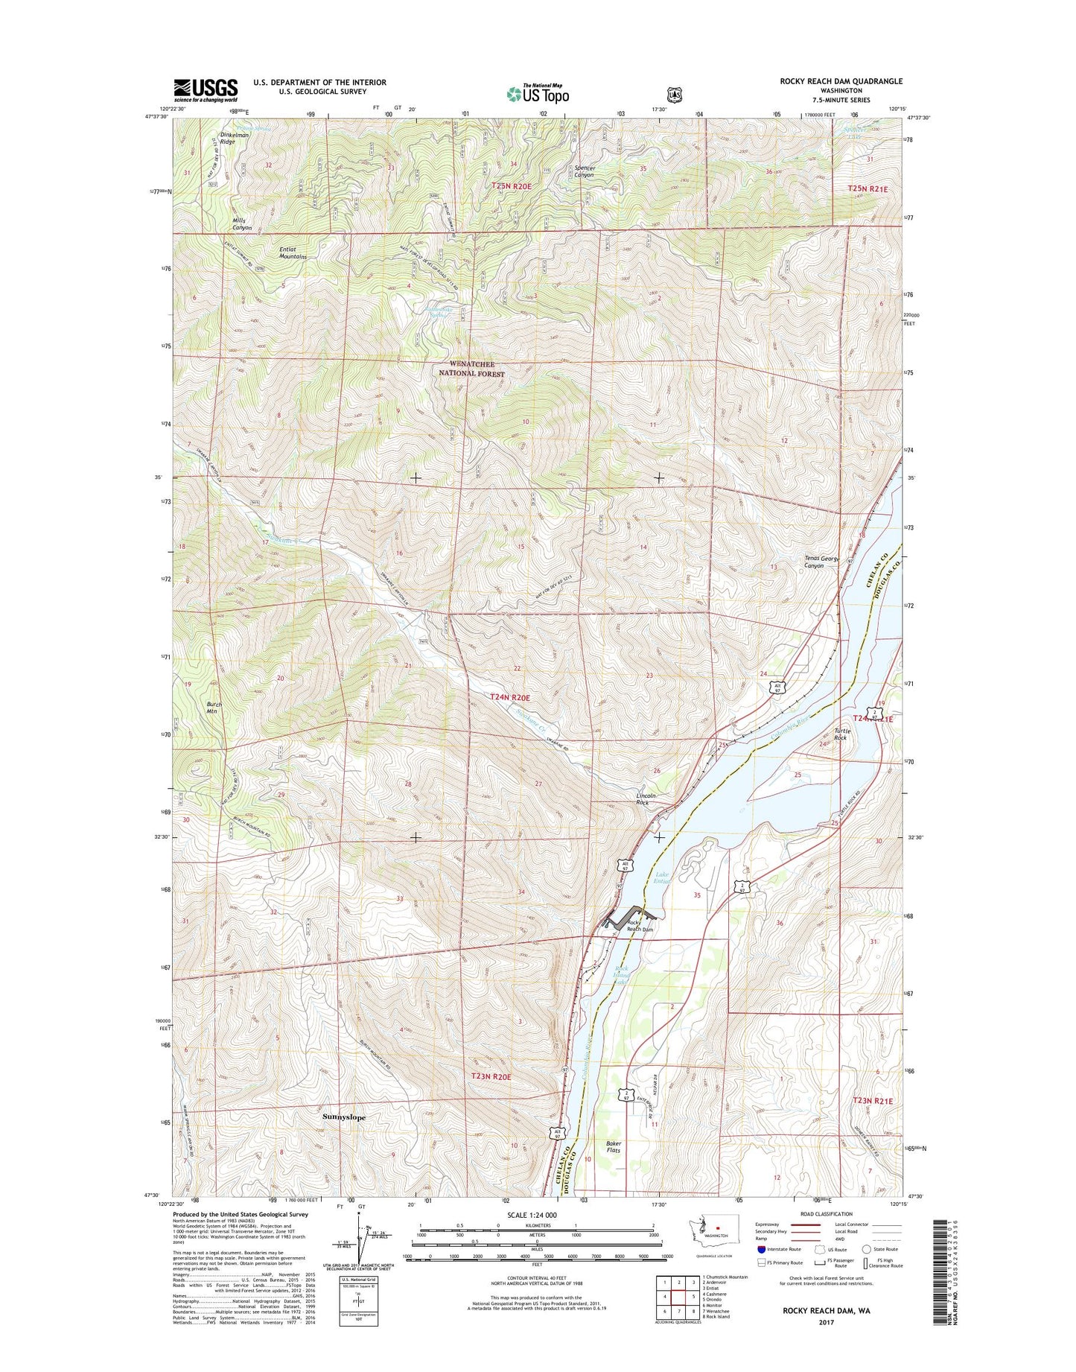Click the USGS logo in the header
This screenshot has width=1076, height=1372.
206,90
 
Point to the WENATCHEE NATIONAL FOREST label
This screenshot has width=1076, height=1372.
471,369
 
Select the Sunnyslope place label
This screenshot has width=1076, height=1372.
344,1117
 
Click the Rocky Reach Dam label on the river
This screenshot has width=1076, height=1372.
639,926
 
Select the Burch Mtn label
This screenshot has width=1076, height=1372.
214,708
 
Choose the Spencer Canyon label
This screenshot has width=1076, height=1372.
585,171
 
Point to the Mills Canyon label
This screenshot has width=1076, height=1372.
242,224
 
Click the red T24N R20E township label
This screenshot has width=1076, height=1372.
510,697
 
